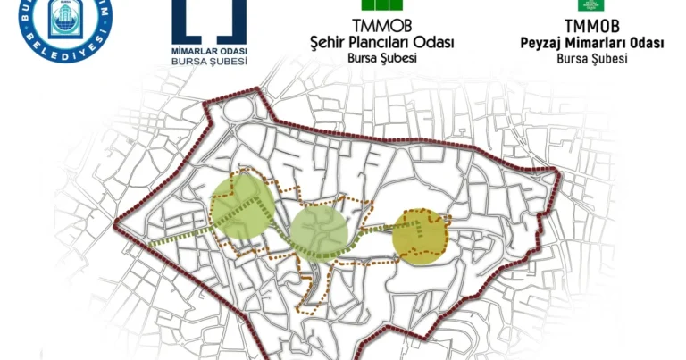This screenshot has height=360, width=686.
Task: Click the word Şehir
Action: point(327,42)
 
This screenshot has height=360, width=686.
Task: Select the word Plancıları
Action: point(383,42)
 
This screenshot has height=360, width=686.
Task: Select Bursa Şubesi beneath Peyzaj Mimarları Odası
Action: point(592,58)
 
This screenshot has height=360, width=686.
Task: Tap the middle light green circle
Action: point(318,231)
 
